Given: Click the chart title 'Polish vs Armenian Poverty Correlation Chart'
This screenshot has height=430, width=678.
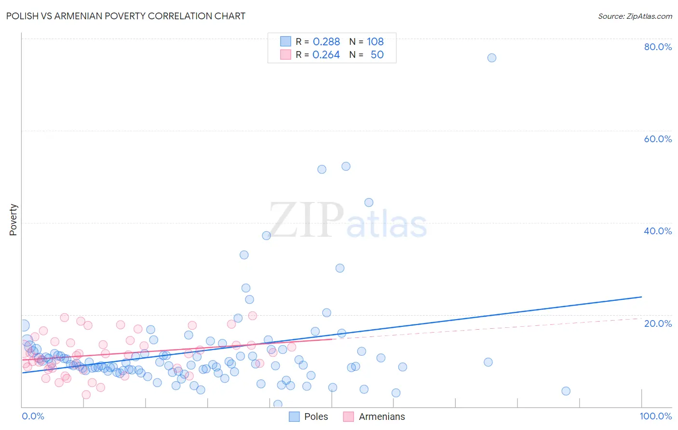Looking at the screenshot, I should point(126,16).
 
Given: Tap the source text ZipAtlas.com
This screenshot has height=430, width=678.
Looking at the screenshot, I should point(635,16).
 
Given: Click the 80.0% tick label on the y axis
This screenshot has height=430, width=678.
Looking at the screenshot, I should point(658,47).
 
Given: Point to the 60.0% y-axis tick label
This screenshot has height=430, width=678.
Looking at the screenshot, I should point(658,139).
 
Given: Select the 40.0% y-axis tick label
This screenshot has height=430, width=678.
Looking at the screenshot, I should point(658,231).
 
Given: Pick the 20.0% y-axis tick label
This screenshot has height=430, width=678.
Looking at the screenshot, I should point(658,323).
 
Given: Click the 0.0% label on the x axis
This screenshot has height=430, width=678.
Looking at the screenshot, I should point(33,416).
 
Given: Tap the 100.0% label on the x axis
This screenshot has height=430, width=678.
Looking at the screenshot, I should point(655,416).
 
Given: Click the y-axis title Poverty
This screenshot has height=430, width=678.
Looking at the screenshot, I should point(13,220).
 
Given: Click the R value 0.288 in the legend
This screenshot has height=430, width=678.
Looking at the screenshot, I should point(326,42).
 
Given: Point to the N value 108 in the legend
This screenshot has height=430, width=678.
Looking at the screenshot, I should point(375,42).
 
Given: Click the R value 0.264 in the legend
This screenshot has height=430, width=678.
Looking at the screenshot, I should point(326,55).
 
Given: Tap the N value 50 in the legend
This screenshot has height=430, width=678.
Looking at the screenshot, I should point(377,55).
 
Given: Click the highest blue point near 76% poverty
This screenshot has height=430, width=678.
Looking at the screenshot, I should point(491,58).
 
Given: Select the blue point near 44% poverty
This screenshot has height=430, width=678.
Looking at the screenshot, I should point(369,202).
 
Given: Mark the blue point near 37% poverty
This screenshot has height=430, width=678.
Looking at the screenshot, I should point(266,236).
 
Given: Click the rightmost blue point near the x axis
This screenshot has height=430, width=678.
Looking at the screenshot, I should point(566,391).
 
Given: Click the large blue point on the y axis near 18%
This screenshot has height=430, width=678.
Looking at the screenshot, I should point(23,326).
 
